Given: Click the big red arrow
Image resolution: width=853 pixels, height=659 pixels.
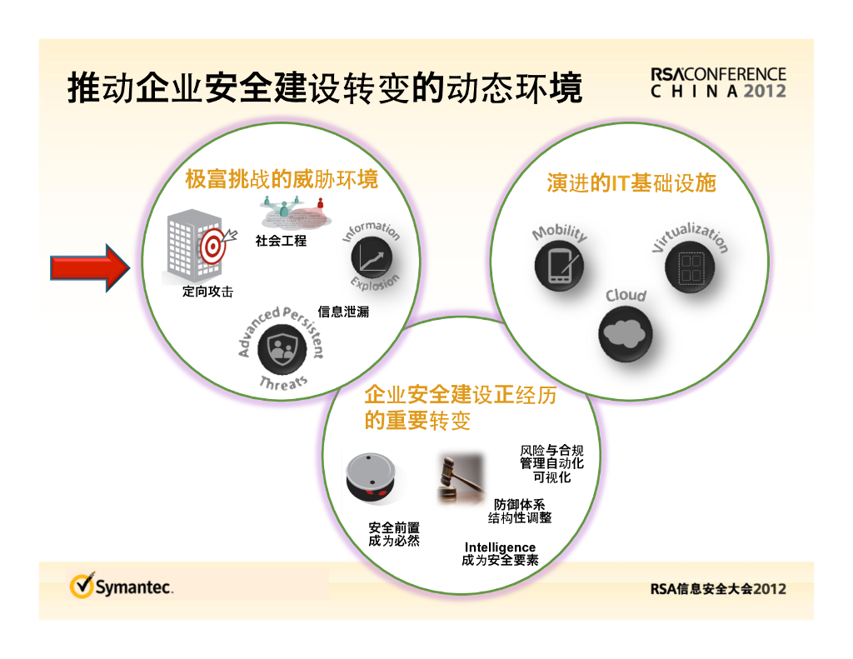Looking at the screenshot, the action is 90,267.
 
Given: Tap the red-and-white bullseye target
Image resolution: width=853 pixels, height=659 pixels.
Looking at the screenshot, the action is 212,247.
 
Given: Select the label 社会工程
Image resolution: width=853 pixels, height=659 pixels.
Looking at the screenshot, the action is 281,241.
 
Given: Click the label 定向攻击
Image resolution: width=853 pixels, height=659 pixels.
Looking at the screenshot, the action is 207,292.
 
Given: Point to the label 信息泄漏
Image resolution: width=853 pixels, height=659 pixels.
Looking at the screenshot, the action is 343,312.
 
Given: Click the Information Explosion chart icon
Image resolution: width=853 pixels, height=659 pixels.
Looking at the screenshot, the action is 372,257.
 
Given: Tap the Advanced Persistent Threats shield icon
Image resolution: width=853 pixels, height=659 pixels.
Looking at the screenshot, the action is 282,349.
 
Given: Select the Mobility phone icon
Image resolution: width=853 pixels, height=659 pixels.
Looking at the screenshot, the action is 559,266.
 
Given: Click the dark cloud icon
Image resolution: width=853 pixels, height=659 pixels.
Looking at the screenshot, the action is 625,333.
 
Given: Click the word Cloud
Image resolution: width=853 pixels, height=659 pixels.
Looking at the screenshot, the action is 626,296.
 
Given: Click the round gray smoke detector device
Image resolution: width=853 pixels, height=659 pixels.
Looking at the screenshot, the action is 372,477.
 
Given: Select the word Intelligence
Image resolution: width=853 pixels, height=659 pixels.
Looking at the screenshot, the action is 500,547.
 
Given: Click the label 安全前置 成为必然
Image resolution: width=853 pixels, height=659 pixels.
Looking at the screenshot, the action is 394,534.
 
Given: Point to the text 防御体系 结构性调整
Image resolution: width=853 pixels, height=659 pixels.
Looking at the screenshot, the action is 520,511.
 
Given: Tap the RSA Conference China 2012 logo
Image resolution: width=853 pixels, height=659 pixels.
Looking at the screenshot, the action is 718,82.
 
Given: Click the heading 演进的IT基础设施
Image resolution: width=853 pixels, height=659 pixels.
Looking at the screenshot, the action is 631,183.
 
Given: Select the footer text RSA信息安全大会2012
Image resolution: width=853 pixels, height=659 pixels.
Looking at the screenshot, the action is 718,589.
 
